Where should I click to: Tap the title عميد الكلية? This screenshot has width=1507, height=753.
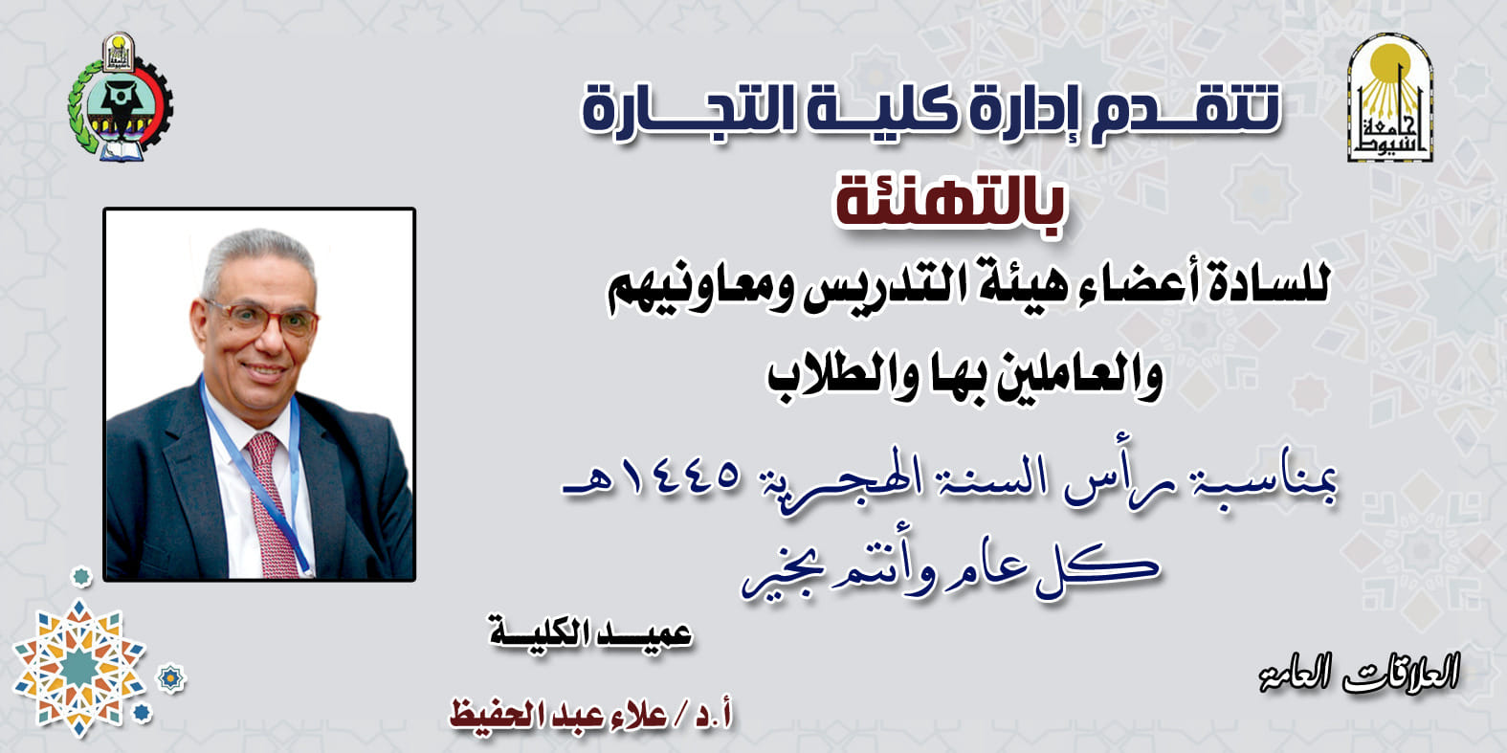point(590,634)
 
